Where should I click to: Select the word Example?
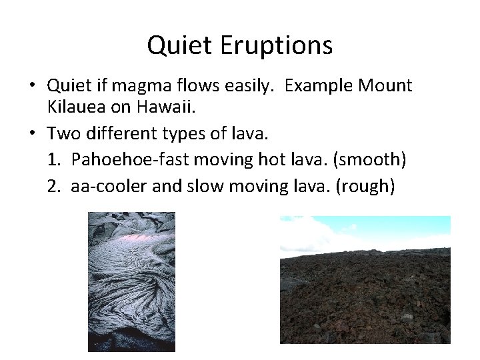pos(321,86)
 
